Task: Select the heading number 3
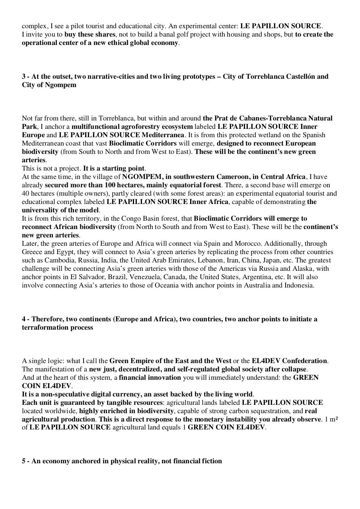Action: (x=24, y=76)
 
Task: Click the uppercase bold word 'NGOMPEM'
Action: (x=141, y=177)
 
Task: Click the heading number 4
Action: (x=24, y=319)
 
